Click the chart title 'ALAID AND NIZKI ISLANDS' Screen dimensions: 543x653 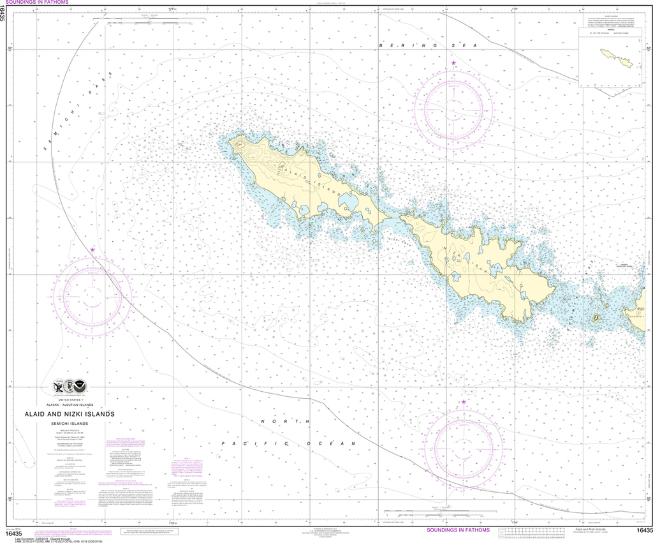pyautogui.click(x=71, y=413)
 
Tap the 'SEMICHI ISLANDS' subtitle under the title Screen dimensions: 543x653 pyautogui.click(x=71, y=424)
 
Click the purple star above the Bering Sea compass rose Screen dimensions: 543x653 pyautogui.click(x=453, y=63)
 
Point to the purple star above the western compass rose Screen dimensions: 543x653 pyautogui.click(x=93, y=249)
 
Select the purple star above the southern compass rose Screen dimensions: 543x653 pyautogui.click(x=464, y=401)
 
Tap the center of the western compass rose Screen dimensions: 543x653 pyautogui.click(x=92, y=295)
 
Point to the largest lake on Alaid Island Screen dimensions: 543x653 pyautogui.click(x=349, y=202)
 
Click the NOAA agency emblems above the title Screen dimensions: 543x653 pyautogui.click(x=71, y=387)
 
